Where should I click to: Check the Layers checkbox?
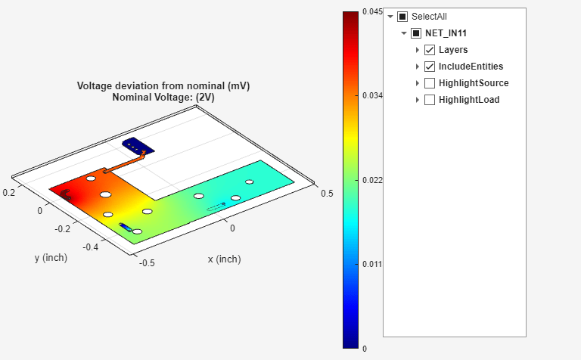430,50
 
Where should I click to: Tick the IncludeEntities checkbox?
430,67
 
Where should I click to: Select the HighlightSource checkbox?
430,83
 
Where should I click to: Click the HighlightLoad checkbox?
430,100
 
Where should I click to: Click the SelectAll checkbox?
402,17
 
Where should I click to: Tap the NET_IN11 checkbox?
416,33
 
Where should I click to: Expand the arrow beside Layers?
418,50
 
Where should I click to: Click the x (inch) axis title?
224,259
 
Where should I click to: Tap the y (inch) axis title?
51,258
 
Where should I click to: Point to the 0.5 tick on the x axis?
327,194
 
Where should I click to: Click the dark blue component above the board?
137,145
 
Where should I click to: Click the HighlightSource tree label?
473,83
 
